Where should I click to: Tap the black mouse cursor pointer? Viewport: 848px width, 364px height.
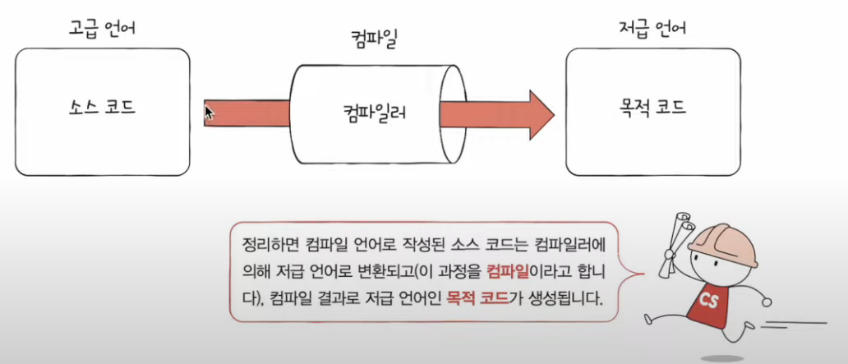tap(209, 112)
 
